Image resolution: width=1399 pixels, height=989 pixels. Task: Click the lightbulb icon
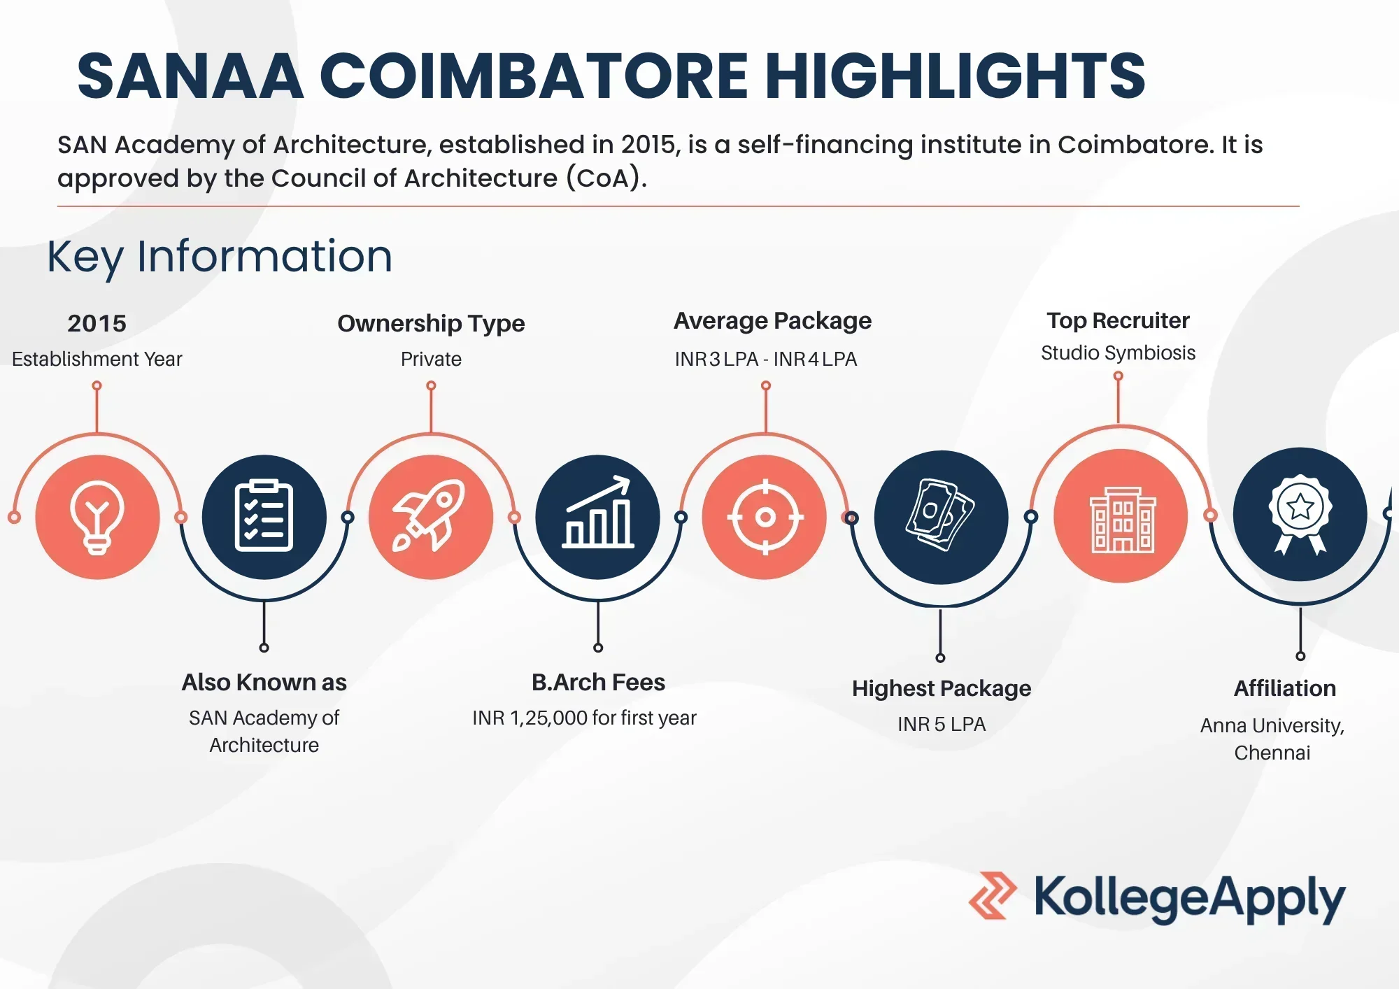(x=97, y=518)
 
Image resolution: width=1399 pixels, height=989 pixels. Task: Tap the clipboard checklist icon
(x=264, y=516)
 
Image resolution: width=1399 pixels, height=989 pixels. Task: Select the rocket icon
(x=429, y=516)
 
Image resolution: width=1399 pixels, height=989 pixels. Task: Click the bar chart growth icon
(x=598, y=512)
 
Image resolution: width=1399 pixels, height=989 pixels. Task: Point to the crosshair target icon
(x=765, y=518)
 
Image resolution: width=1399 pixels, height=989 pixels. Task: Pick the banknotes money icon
(x=941, y=515)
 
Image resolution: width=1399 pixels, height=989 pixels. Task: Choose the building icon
(x=1122, y=520)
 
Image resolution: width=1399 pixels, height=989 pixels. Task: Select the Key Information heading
(x=220, y=257)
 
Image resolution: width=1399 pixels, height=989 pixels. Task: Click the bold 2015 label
(x=97, y=323)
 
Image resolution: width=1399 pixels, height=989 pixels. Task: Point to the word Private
(x=431, y=359)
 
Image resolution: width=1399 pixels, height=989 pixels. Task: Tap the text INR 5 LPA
(x=942, y=724)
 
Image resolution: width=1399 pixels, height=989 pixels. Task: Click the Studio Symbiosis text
(x=1118, y=353)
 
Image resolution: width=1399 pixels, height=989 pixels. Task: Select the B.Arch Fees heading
(x=598, y=682)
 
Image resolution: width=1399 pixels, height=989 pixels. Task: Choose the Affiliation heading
(x=1285, y=688)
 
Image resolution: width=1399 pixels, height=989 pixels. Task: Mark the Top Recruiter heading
(x=1118, y=320)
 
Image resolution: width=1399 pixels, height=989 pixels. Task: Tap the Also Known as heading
(x=264, y=682)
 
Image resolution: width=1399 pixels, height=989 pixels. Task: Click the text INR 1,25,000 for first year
(x=584, y=718)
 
